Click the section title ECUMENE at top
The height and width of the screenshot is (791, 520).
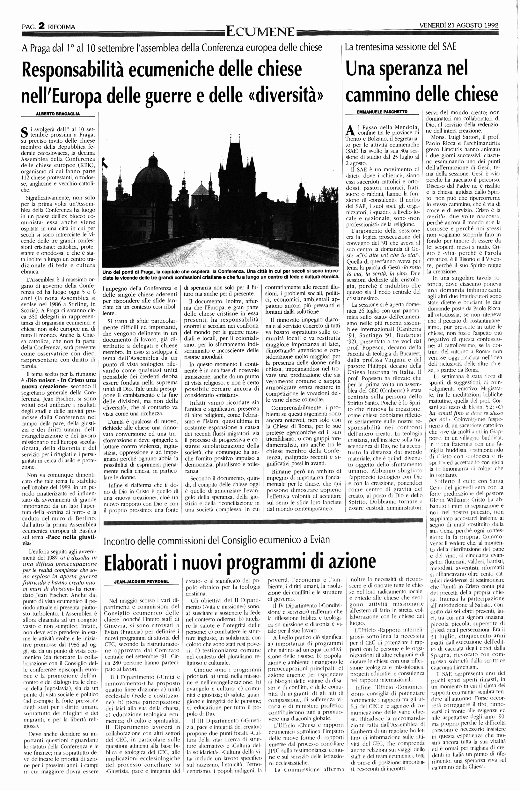click(x=260, y=32)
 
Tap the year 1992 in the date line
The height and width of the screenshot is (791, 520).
click(x=488, y=25)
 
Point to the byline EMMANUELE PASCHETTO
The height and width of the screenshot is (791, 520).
click(x=382, y=112)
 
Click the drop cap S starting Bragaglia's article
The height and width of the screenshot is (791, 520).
click(x=24, y=132)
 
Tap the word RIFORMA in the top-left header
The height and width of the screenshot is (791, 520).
click(x=62, y=27)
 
